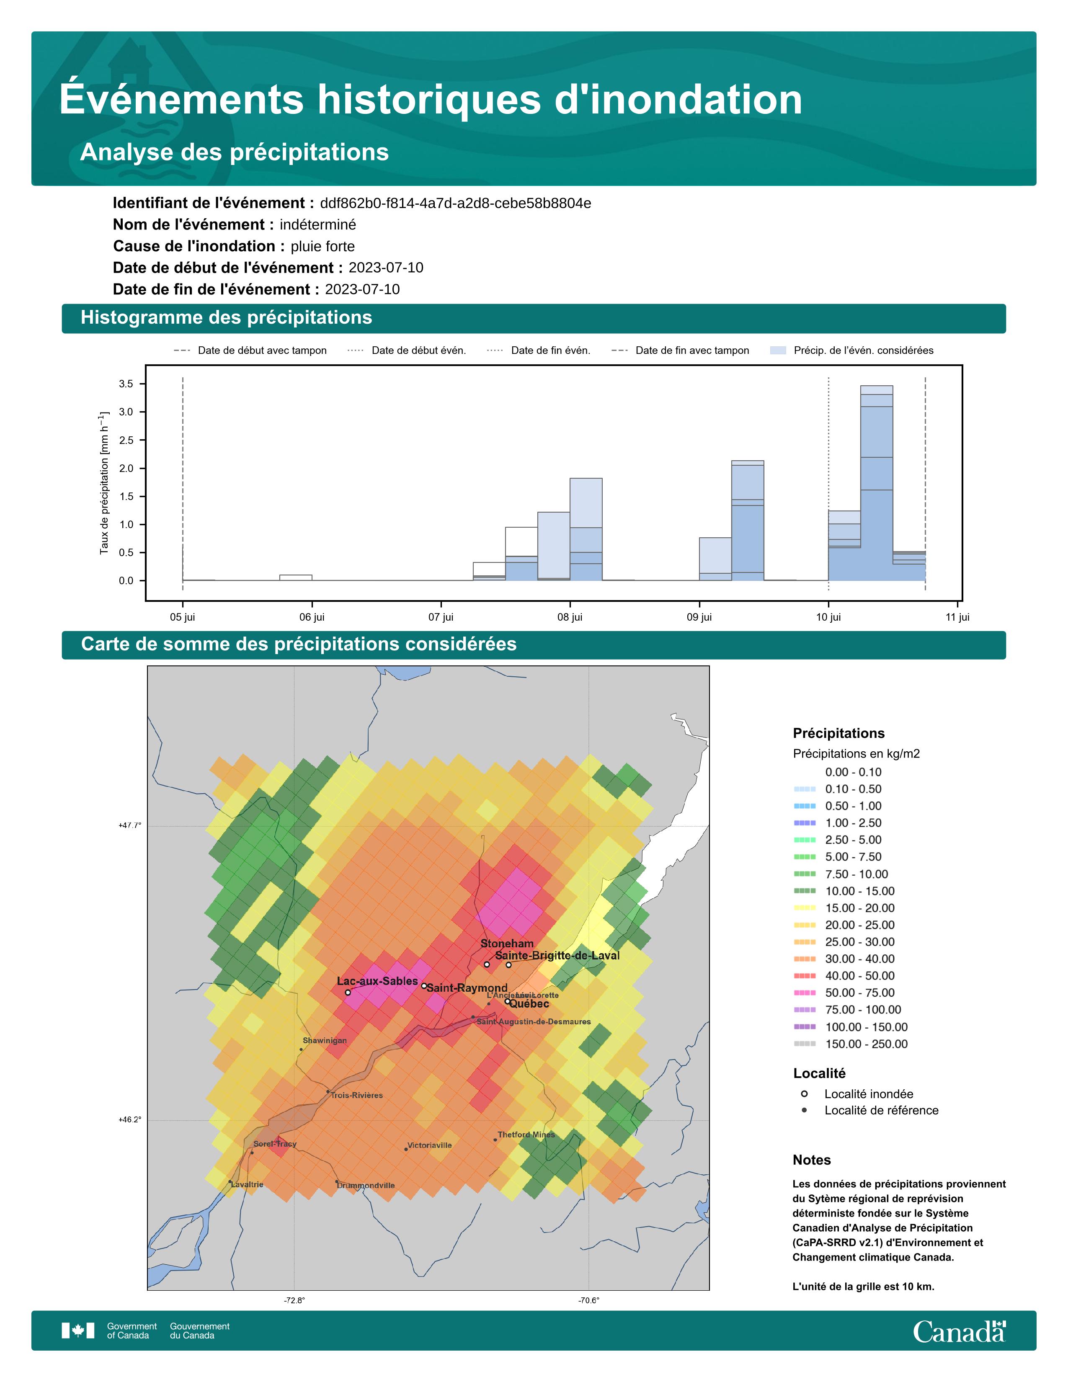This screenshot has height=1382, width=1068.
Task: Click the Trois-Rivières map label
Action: [x=356, y=1096]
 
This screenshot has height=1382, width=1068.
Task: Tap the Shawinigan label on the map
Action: [x=325, y=1040]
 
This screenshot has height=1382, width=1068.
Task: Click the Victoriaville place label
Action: [x=430, y=1145]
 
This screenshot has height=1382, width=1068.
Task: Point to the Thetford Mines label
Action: [x=526, y=1134]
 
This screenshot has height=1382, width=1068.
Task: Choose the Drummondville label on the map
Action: [x=366, y=1185]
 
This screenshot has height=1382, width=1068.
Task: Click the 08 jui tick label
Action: [x=570, y=617]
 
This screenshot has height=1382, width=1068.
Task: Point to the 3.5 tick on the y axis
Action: [x=126, y=384]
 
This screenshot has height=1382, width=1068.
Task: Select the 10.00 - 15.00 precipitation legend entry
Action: [x=860, y=891]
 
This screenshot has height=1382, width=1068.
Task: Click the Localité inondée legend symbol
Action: [x=804, y=1094]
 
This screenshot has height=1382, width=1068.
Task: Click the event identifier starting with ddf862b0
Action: [x=456, y=203]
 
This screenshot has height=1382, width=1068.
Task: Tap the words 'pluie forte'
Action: [x=322, y=246]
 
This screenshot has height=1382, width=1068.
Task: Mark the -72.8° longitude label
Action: [x=294, y=1300]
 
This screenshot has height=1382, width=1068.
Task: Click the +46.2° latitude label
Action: [x=130, y=1119]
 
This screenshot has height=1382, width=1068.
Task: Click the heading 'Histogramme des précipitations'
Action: [x=227, y=318]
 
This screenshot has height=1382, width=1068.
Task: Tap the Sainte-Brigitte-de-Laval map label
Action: [x=557, y=956]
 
